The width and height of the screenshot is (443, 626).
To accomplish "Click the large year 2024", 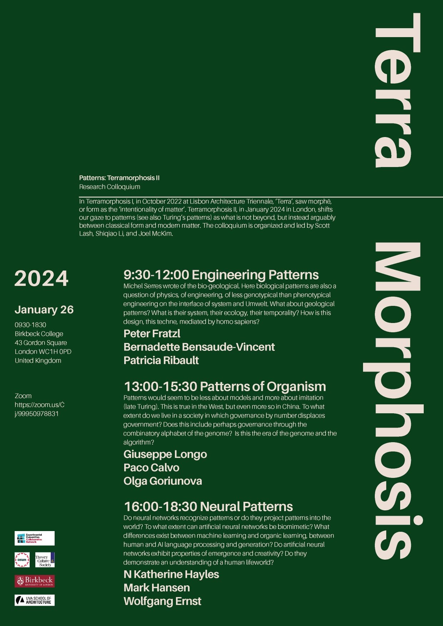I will pyautogui.click(x=41, y=279).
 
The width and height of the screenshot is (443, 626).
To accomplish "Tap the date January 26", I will pyautogui.click(x=44, y=309).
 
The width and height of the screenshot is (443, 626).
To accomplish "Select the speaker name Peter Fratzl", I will pyautogui.click(x=152, y=333).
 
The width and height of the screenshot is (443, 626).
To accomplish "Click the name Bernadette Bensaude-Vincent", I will pyautogui.click(x=199, y=347).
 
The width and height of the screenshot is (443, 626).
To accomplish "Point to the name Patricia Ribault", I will pyautogui.click(x=161, y=360).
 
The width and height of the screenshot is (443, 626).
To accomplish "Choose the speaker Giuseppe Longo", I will pyautogui.click(x=165, y=454).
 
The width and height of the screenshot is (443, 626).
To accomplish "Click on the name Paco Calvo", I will pyautogui.click(x=151, y=468).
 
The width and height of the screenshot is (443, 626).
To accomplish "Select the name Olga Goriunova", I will pyautogui.click(x=162, y=481).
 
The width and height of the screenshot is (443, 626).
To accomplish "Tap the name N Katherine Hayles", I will pyautogui.click(x=171, y=574).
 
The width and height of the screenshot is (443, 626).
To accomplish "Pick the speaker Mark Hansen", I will pyautogui.click(x=156, y=587).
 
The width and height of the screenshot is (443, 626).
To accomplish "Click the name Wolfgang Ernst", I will pyautogui.click(x=162, y=601).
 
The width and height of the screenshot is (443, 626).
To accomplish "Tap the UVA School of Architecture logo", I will pyautogui.click(x=35, y=600).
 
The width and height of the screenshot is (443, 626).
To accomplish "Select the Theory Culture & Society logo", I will pyautogui.click(x=45, y=560).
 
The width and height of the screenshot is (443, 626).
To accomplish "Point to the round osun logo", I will pyautogui.click(x=22, y=560).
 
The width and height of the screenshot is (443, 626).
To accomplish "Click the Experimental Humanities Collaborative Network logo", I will pyautogui.click(x=35, y=538).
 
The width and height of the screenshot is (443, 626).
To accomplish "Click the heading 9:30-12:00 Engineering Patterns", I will pyautogui.click(x=221, y=275).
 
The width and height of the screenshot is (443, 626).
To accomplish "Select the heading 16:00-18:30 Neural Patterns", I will pyautogui.click(x=208, y=506).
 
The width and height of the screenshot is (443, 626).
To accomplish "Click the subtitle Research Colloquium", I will pyautogui.click(x=110, y=187).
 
